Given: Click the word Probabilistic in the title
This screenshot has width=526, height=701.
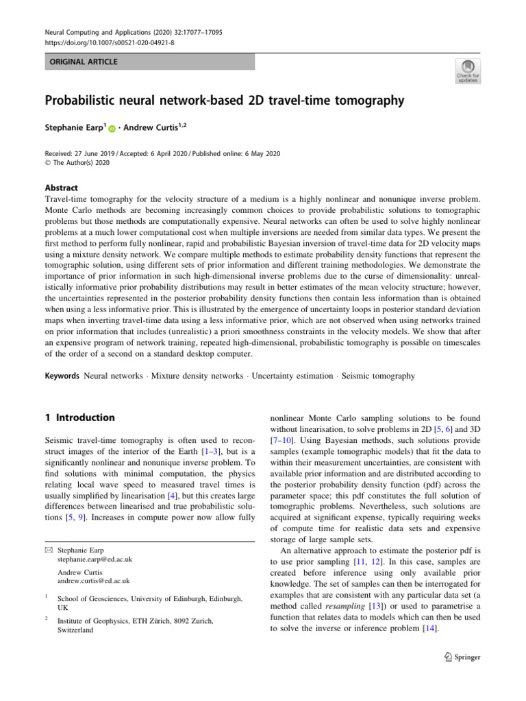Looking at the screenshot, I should [x=85, y=101].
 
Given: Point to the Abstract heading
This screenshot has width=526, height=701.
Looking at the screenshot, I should [x=61, y=188].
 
